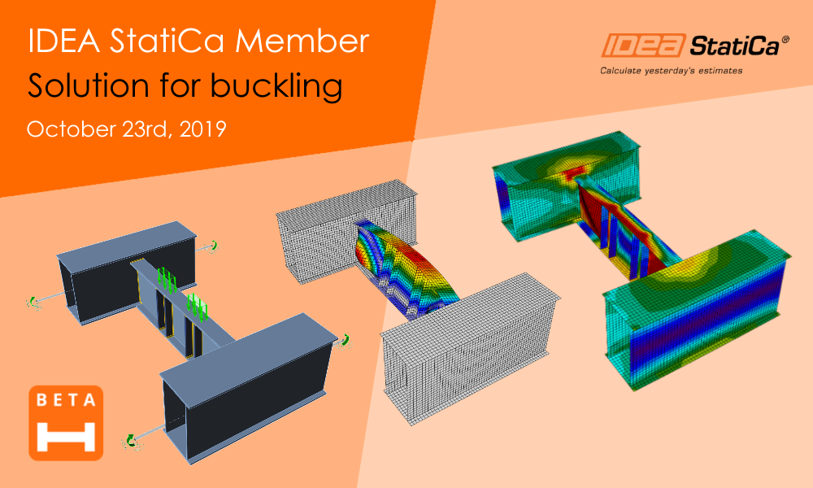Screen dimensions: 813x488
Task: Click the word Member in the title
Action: tap(302, 41)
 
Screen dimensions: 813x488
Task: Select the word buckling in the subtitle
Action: tap(276, 85)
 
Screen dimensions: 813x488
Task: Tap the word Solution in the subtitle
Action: tap(89, 85)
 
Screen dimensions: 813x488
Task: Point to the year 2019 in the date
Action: tap(202, 129)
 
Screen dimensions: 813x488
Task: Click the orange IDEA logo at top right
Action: tap(643, 45)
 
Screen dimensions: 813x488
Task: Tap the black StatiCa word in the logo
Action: tap(734, 46)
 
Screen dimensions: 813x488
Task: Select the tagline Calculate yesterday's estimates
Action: tap(671, 71)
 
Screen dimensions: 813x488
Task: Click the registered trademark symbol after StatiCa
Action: tap(785, 39)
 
